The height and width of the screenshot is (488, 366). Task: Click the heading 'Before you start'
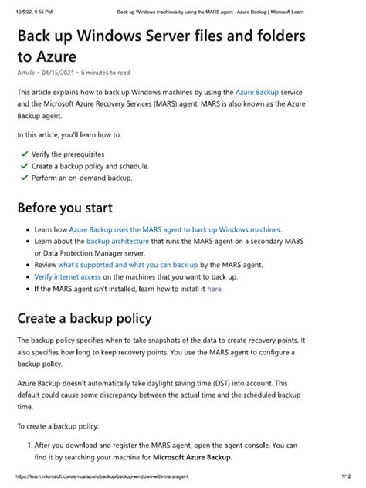(65, 208)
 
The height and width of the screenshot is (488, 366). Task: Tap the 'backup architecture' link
(119, 241)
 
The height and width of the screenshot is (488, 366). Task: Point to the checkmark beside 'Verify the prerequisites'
(24, 154)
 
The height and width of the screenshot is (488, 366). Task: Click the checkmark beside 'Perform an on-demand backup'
(24, 178)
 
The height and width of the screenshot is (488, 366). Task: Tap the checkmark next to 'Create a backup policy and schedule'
(24, 166)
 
